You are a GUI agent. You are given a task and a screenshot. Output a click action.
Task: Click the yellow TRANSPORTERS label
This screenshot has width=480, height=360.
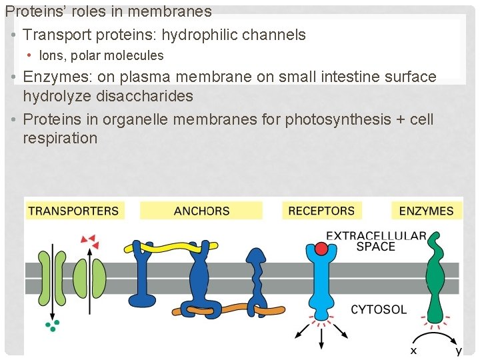point(73,211)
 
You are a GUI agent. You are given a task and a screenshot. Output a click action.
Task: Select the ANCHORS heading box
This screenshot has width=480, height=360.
point(201,211)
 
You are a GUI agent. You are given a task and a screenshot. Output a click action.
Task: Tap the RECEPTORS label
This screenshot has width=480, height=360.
point(321,211)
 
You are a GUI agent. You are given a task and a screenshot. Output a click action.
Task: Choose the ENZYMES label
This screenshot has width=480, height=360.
point(426,211)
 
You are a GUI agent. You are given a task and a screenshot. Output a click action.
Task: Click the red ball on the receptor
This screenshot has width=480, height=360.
point(321,249)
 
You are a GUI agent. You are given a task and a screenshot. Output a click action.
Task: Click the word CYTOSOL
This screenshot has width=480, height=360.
point(379,309)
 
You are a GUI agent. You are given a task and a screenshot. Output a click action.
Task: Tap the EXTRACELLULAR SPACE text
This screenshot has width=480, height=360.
point(376,241)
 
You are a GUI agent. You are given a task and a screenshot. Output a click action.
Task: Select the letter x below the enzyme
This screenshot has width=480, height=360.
point(413,350)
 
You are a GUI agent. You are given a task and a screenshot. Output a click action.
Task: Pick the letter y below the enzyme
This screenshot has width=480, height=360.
point(459,350)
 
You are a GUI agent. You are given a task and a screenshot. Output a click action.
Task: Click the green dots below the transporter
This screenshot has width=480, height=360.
point(52,325)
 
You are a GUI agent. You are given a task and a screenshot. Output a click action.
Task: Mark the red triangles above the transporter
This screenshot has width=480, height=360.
point(88,238)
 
